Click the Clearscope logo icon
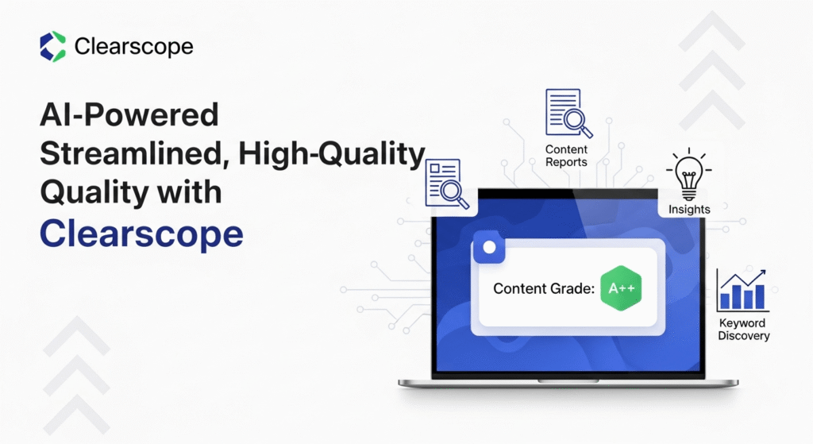[53, 46]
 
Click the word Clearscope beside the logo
[133, 47]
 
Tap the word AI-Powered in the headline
[129, 114]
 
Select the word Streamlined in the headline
[135, 153]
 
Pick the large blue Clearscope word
[141, 234]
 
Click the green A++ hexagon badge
[621, 288]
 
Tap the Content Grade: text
[544, 288]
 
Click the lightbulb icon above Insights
[688, 174]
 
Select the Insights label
[689, 209]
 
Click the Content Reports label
[566, 156]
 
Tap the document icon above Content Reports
[568, 113]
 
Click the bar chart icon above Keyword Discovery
[742, 290]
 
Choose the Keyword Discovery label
[743, 330]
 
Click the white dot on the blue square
[489, 247]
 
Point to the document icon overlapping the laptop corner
[447, 183]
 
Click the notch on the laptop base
[568, 381]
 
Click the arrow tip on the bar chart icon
[765, 270]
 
